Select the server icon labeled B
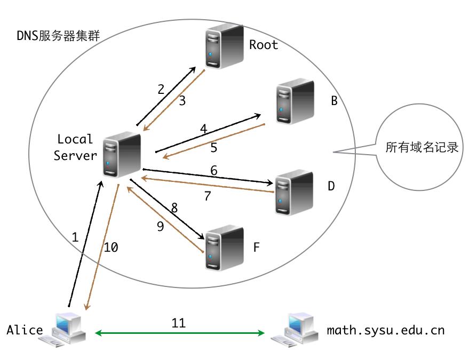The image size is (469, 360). tap(295, 102)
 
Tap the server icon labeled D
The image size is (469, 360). tap(293, 192)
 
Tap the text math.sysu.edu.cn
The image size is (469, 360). tap(385, 330)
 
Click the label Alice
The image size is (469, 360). tap(25, 330)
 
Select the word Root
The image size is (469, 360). tap(264, 45)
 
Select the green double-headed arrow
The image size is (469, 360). tap(180, 333)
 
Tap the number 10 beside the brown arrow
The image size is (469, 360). tap(111, 247)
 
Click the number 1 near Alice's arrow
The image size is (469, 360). tap(75, 238)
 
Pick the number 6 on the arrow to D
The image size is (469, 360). tap(213, 171)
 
